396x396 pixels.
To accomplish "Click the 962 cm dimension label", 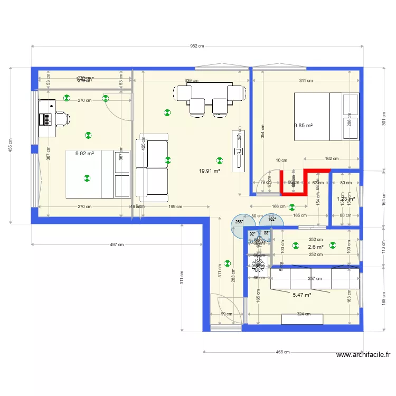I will click(197, 46).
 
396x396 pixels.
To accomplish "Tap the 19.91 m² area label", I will click(209, 171).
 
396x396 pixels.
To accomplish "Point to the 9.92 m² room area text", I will click(84, 154).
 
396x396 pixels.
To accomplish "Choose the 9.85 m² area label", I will click(303, 126).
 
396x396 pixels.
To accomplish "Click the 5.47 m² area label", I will click(301, 295).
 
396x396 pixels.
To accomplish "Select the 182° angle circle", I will click(272, 220).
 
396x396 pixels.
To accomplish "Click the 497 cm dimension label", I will click(117, 244).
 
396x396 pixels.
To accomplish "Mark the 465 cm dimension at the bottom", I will click(282, 352).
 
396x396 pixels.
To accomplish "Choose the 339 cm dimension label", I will click(191, 81).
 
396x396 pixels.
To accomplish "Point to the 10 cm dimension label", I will click(281, 161).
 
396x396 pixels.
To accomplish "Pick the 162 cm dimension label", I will click(332, 158).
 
